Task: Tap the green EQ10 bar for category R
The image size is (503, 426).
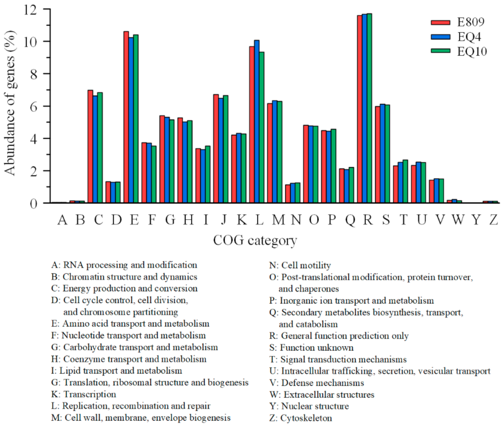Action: click(x=369, y=108)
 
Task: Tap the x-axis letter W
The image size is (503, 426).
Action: click(x=458, y=220)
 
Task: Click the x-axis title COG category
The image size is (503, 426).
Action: click(x=255, y=240)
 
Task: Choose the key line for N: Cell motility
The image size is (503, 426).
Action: click(x=300, y=265)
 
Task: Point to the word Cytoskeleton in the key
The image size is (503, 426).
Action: click(x=306, y=418)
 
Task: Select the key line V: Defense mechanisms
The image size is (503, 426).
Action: click(x=316, y=383)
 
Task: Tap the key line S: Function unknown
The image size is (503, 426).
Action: click(x=311, y=348)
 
